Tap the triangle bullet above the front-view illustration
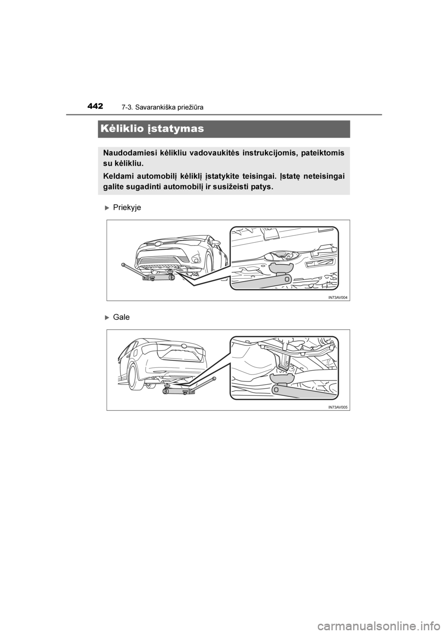tap(107, 207)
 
